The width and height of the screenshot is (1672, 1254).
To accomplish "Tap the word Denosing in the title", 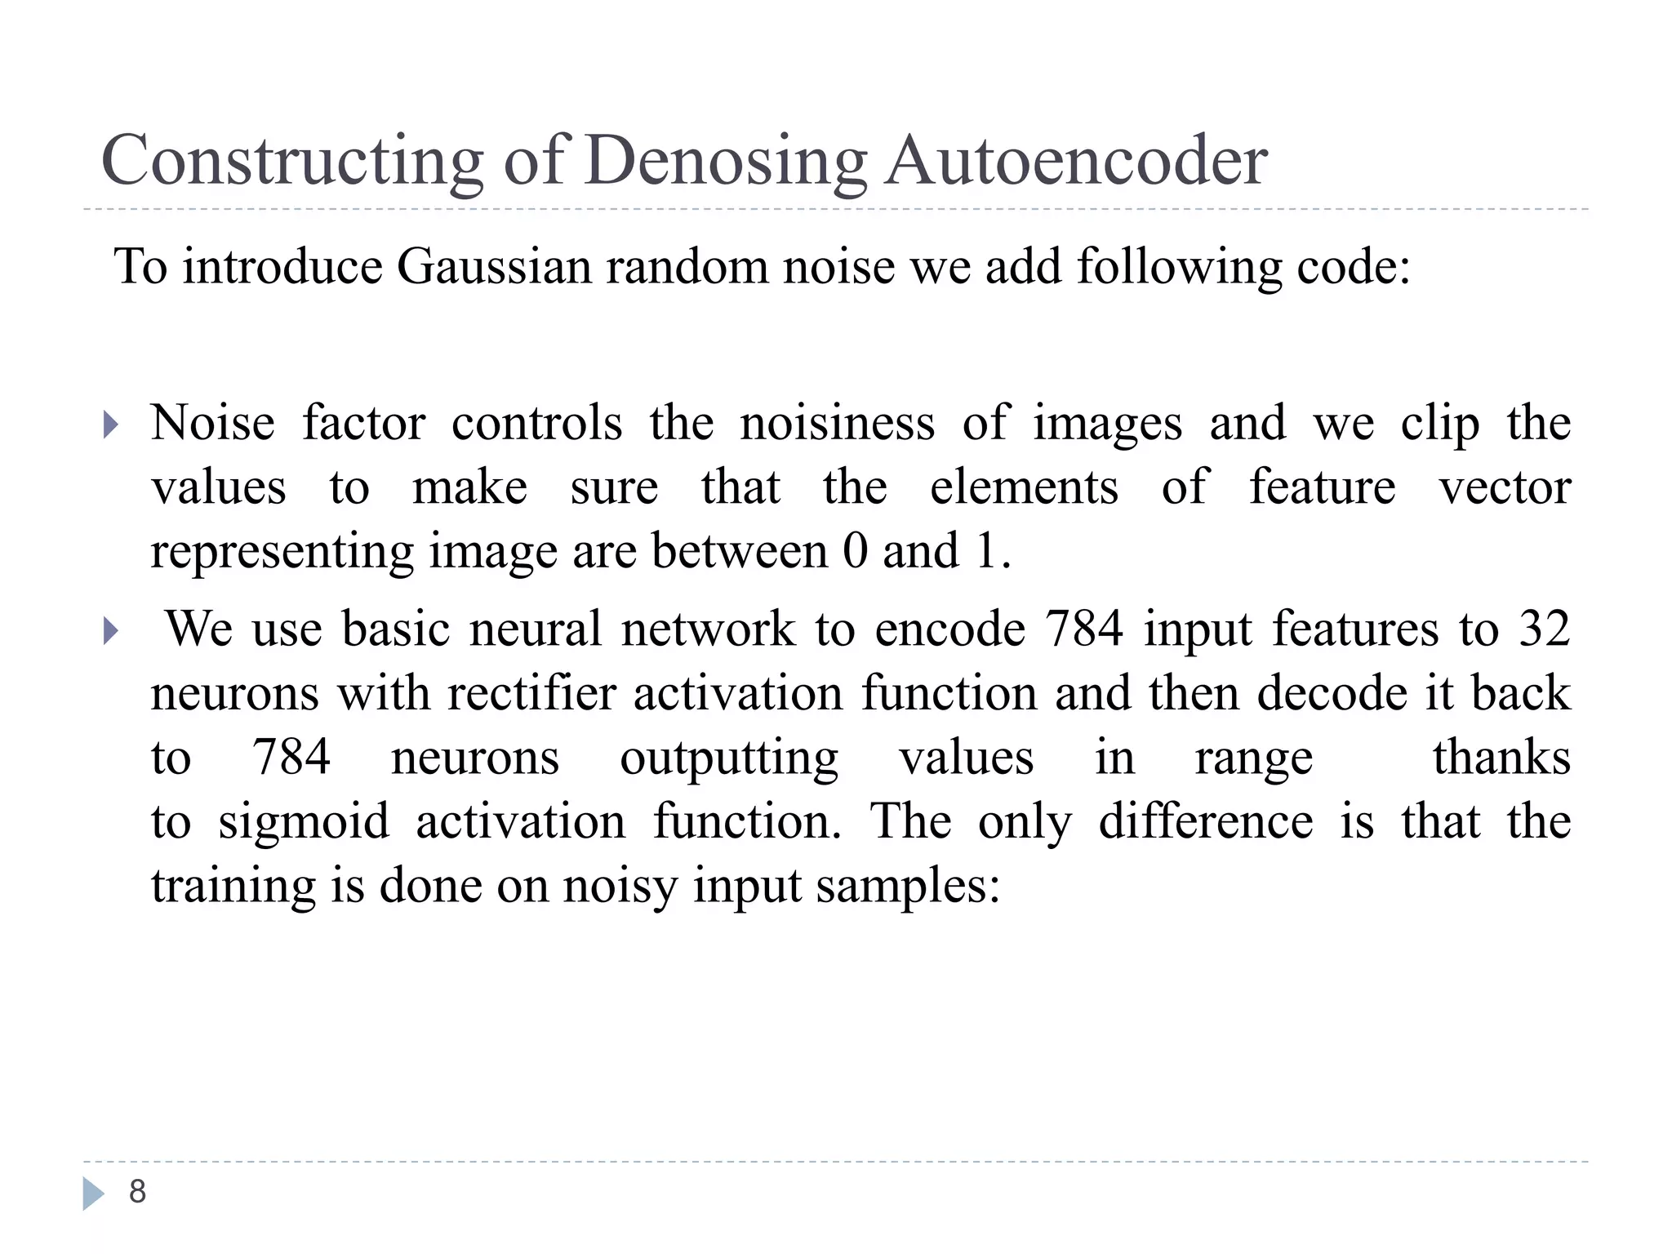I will [726, 161].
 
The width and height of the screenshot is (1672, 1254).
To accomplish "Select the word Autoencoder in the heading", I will [1076, 161].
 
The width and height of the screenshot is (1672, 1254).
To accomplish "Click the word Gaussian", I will [494, 267].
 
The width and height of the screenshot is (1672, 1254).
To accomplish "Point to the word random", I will [686, 267].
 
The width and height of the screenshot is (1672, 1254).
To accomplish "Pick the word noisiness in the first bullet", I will [837, 424].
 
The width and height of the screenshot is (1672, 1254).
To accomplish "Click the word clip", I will [1439, 424].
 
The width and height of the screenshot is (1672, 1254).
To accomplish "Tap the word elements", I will [1024, 487].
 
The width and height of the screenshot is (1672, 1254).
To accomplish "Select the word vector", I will [1504, 487].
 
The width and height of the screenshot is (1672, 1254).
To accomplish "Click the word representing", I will [282, 552].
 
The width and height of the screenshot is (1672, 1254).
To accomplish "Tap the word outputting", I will [729, 758].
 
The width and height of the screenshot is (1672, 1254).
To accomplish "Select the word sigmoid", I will [304, 821].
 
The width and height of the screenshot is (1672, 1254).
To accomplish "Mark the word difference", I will [1205, 821].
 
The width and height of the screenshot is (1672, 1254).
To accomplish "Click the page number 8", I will [137, 1192].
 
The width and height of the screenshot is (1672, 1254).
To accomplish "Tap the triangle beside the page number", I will [93, 1194].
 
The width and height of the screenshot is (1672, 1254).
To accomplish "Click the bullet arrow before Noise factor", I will [111, 425].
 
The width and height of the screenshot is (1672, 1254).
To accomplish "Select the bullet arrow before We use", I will [111, 630].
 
